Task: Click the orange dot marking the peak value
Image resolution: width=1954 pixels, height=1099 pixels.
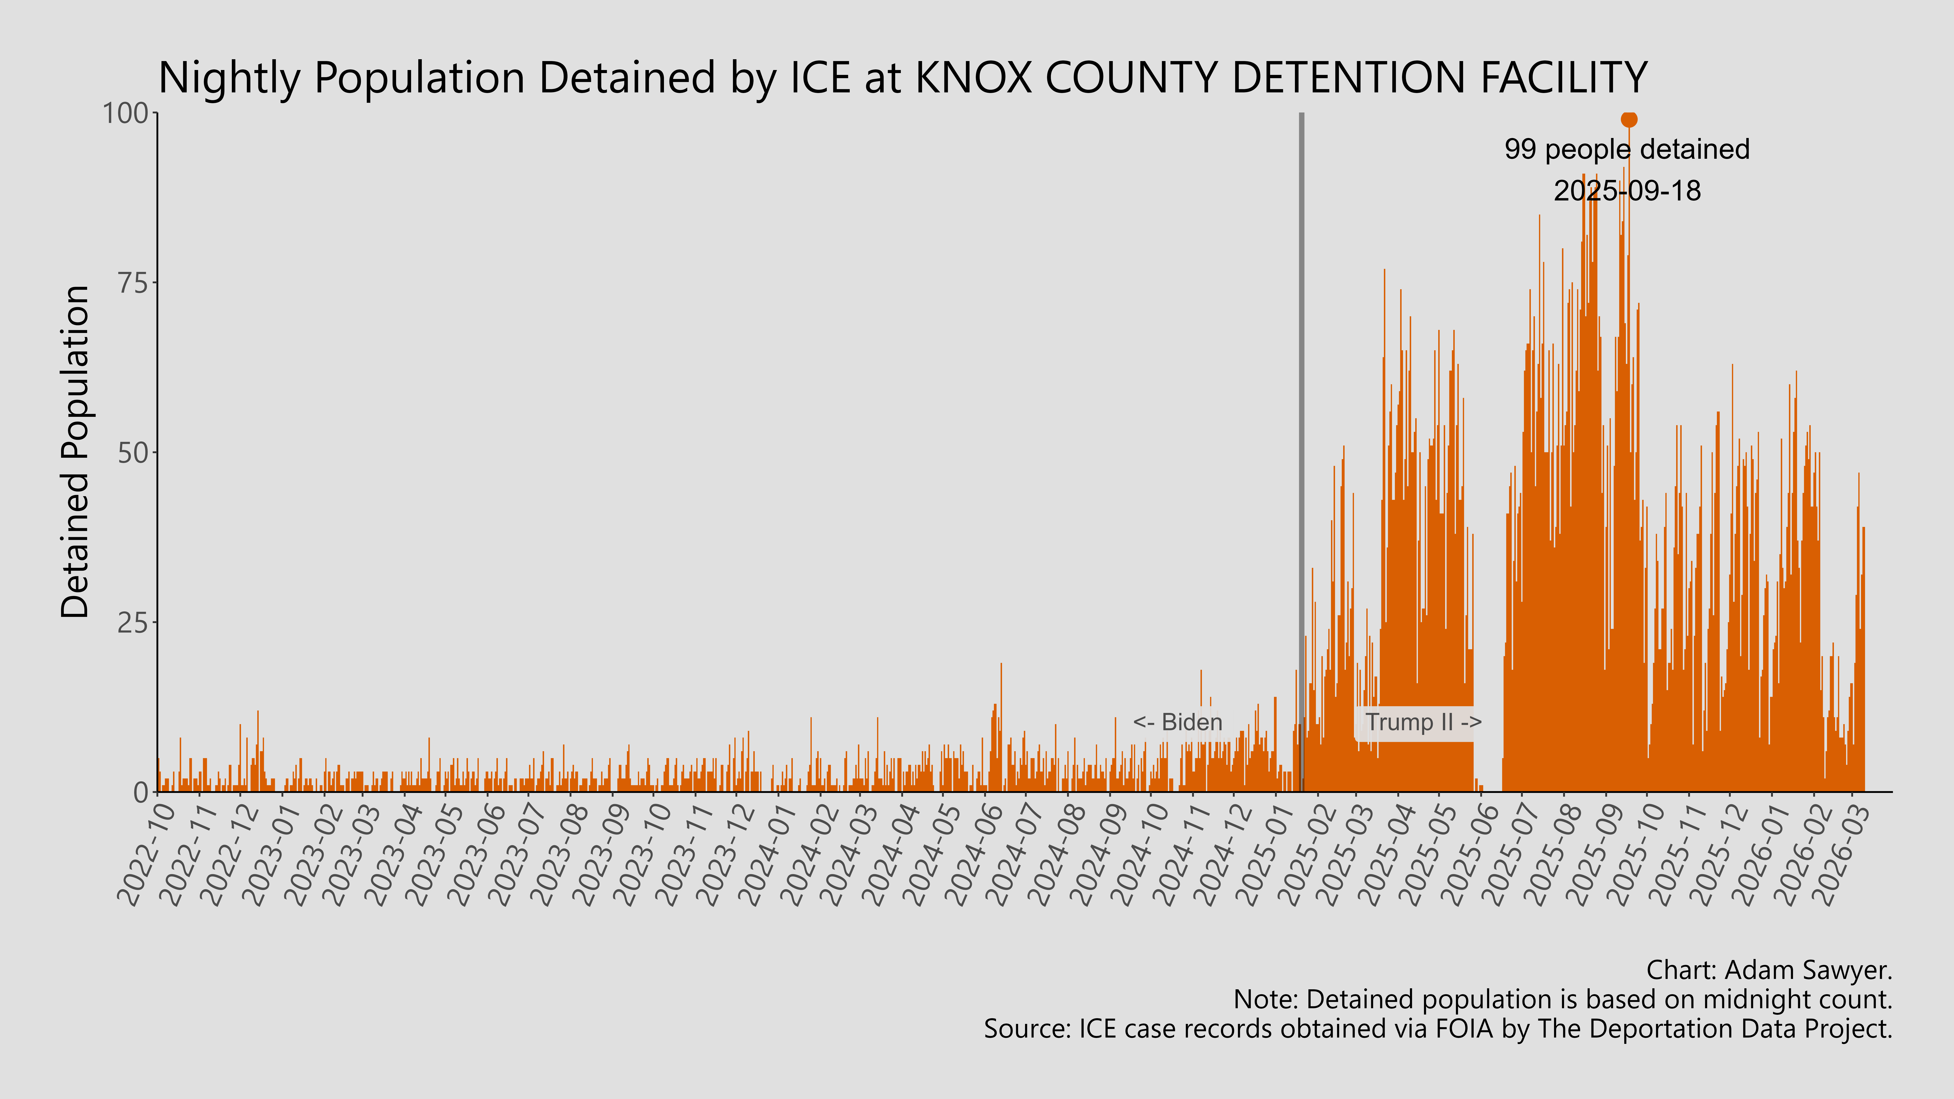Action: (x=1629, y=119)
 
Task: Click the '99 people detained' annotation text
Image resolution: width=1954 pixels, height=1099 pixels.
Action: (x=1627, y=149)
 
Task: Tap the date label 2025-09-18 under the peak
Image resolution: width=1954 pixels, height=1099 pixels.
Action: (x=1627, y=190)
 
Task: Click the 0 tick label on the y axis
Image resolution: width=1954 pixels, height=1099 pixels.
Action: (x=141, y=793)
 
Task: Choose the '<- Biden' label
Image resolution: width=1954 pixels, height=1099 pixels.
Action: (x=1177, y=722)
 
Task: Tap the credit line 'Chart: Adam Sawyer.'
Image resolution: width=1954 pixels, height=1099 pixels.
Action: (x=1769, y=970)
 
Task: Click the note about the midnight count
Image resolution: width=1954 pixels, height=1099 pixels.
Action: (x=1563, y=1000)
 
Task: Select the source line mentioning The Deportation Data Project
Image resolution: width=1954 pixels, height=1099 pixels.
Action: (x=1437, y=1029)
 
